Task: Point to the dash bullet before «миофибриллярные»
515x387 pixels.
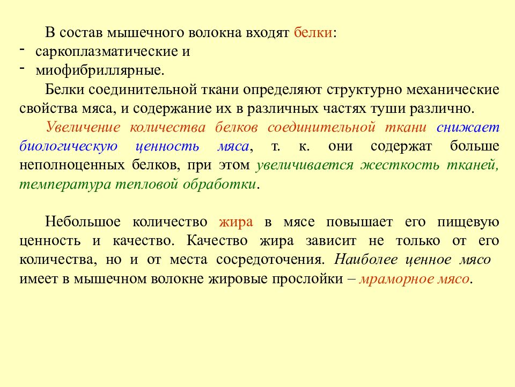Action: pyautogui.click(x=23, y=68)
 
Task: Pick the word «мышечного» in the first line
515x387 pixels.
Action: pyautogui.click(x=145, y=33)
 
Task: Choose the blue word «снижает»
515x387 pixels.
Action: pyautogui.click(x=468, y=127)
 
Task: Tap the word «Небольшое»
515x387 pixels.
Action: pyautogui.click(x=80, y=222)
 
